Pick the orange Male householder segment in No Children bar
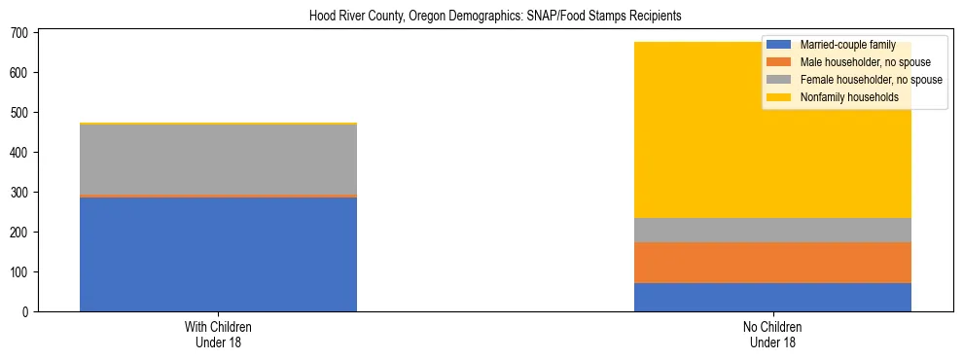(772, 262)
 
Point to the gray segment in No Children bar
(772, 230)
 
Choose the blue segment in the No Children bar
(772, 297)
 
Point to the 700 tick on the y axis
(21, 33)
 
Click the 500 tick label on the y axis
(21, 113)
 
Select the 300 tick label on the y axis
(21, 193)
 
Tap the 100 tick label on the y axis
(21, 272)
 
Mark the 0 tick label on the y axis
(28, 312)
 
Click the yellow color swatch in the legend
(779, 97)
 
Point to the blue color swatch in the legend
(779, 45)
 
